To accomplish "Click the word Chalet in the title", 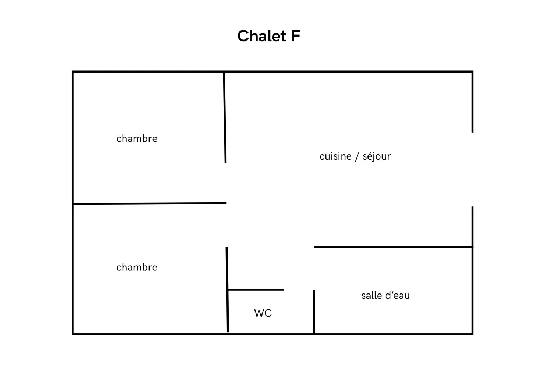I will [x=260, y=37].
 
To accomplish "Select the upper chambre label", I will [x=137, y=139].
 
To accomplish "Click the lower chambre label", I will [x=137, y=268].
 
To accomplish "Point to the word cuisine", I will [x=335, y=156].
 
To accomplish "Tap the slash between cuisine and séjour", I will [x=356, y=156].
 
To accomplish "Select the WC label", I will [x=263, y=313].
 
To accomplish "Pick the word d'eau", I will [x=398, y=296].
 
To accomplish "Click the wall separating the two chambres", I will [x=150, y=203].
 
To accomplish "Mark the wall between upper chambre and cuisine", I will [x=225, y=117].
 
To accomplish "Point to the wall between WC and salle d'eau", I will [x=314, y=312].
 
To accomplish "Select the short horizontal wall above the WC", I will [x=256, y=290].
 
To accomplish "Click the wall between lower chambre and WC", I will [x=228, y=290].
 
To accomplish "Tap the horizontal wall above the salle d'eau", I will [x=393, y=247].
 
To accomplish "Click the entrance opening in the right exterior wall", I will [x=472, y=169].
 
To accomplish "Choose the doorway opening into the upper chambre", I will [x=226, y=183].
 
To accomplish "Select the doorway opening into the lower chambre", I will [x=226, y=225].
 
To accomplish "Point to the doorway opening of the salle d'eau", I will [x=314, y=269].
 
